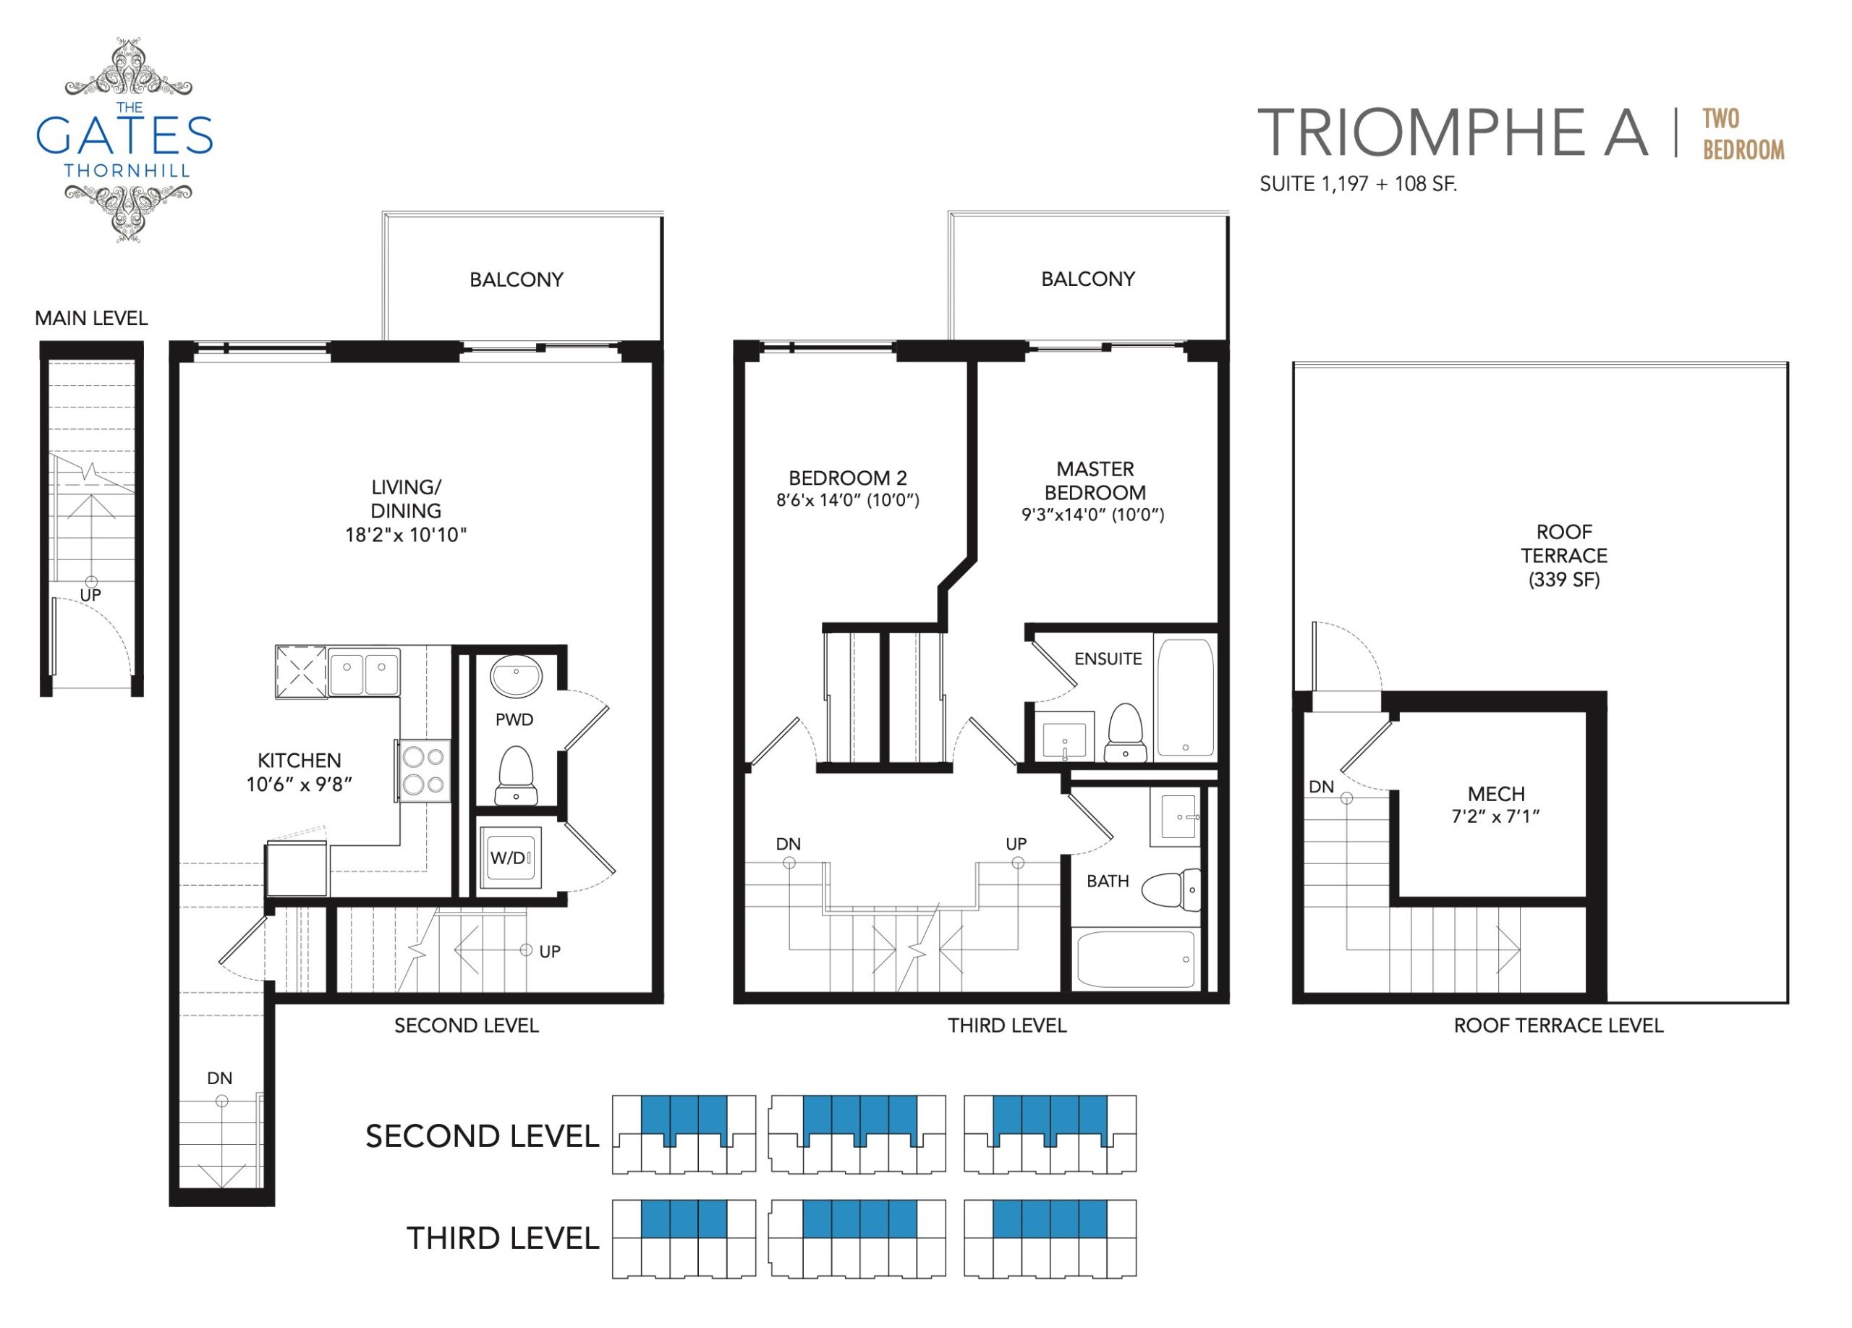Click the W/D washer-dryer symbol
[x=510, y=857]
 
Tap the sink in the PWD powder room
[x=516, y=675]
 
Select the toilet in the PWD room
[x=516, y=775]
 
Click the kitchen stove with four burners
[x=423, y=770]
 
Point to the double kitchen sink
[x=364, y=671]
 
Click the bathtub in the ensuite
[x=1185, y=698]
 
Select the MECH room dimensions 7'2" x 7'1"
[x=1496, y=816]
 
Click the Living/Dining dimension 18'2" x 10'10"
[x=406, y=535]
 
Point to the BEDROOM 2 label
[x=848, y=478]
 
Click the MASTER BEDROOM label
[x=1095, y=481]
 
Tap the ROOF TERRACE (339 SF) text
[x=1564, y=555]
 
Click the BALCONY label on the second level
[x=516, y=280]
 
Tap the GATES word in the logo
[x=124, y=135]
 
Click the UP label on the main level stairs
[x=90, y=596]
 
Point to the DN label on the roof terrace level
[x=1321, y=787]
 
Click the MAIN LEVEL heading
[x=91, y=318]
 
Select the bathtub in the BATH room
[x=1135, y=959]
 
